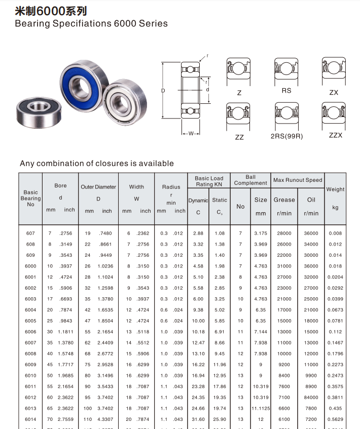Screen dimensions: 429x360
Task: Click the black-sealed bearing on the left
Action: pos(38,108)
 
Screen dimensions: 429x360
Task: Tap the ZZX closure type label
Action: pos(336,135)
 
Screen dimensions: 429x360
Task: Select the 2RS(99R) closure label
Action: pos(286,136)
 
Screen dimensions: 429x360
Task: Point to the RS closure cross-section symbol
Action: pos(286,69)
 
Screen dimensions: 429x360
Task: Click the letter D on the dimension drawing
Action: pos(164,91)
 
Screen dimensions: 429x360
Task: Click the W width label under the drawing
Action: pos(191,134)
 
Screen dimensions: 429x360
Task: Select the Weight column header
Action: pos(335,189)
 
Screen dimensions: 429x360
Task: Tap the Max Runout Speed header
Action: pos(298,180)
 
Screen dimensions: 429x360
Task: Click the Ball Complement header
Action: pos(250,180)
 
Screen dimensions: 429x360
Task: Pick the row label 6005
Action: pos(30,321)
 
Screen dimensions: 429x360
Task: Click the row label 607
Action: pos(30,233)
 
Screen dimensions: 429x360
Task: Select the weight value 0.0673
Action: pos(335,310)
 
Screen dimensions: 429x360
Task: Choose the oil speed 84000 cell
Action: pos(311,398)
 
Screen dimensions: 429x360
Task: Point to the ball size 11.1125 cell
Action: pos(260,408)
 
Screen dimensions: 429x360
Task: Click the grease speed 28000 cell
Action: pos(284,233)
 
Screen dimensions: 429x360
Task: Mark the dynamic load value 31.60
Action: pos(198,419)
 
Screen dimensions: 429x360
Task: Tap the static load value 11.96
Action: pos(220,365)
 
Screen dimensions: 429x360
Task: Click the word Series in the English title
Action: pos(152,23)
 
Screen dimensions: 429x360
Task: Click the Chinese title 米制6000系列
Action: pos(50,11)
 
